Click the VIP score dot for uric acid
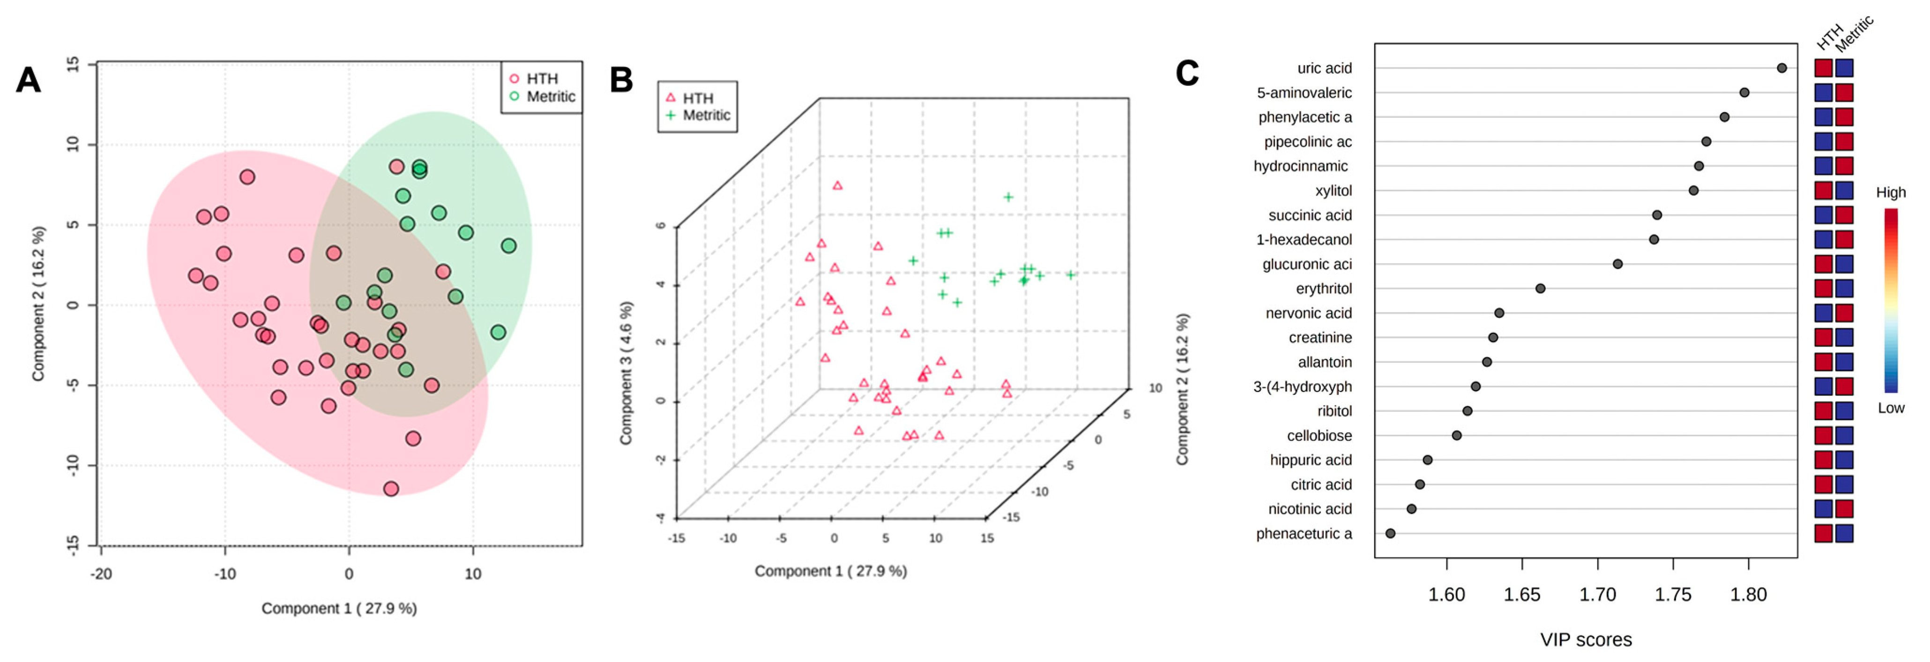click(x=1781, y=68)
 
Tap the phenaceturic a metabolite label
click(x=1304, y=534)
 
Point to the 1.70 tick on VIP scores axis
click(x=1597, y=594)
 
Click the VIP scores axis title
click(x=1585, y=639)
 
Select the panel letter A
click(x=29, y=80)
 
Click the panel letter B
click(x=621, y=80)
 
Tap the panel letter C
click(x=1187, y=74)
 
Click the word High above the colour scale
click(x=1890, y=193)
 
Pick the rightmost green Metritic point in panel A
click(x=509, y=246)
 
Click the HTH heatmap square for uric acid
click(x=1823, y=68)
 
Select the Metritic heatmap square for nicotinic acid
click(x=1844, y=509)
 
